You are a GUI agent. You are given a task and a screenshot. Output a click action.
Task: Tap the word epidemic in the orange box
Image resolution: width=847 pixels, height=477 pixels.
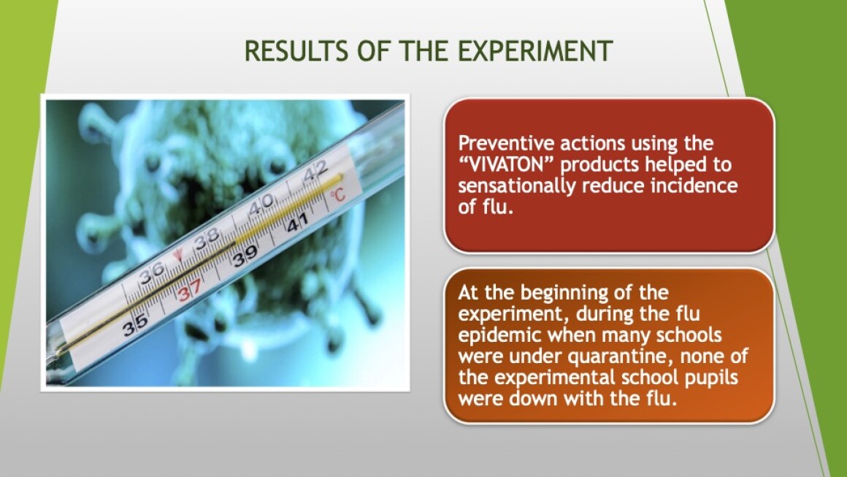[x=499, y=335]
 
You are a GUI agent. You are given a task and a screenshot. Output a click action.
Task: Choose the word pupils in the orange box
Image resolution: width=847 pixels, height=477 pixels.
[x=711, y=378]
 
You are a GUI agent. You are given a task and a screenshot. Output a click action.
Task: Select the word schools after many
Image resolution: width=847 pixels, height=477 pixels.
[x=689, y=335]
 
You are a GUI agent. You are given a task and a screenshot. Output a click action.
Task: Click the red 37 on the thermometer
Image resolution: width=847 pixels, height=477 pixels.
[x=190, y=290]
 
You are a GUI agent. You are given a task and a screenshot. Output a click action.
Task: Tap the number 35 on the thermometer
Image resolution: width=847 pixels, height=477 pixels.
[x=135, y=324]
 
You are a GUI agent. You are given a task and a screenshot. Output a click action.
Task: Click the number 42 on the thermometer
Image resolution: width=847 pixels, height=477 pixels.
[x=315, y=171]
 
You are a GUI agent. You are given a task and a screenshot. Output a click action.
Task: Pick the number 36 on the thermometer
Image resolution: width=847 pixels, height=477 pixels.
[x=152, y=273]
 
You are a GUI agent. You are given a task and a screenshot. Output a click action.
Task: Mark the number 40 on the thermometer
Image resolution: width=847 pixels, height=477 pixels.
[x=261, y=205]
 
